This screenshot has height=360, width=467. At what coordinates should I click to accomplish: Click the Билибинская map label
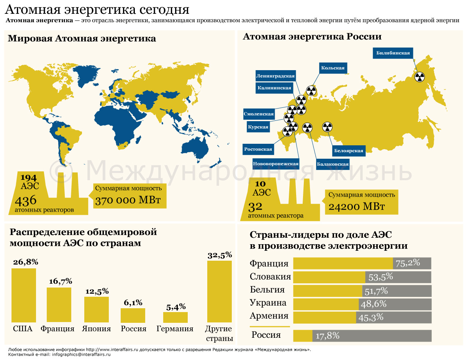tap(393, 53)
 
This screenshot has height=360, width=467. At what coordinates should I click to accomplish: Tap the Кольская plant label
tap(333, 68)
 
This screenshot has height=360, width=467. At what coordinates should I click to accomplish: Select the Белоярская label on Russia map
tap(348, 151)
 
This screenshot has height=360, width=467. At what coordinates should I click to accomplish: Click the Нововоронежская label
tap(275, 164)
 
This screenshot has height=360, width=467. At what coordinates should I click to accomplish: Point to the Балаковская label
tap(333, 164)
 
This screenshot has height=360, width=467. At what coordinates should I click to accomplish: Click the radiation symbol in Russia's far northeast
tap(420, 77)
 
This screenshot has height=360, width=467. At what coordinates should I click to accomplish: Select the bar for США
tap(23, 295)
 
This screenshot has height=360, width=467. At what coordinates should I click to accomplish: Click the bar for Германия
tap(175, 317)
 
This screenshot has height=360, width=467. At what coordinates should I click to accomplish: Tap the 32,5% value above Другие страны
tap(220, 255)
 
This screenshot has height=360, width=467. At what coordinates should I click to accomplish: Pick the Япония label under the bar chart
tap(96, 329)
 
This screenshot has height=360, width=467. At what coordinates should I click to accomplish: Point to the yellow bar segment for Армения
tap(324, 317)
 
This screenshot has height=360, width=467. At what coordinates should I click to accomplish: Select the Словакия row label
tap(270, 277)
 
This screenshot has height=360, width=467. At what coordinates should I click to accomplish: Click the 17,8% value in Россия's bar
tap(328, 336)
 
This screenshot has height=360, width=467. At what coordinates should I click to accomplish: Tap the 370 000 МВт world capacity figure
tap(128, 201)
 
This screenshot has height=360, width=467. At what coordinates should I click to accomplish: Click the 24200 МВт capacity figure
tap(356, 207)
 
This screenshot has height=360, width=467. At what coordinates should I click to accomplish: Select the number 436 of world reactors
tap(25, 201)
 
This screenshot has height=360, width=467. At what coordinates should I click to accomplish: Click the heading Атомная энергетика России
tap(312, 37)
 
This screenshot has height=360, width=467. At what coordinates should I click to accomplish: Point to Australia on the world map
tap(195, 147)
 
